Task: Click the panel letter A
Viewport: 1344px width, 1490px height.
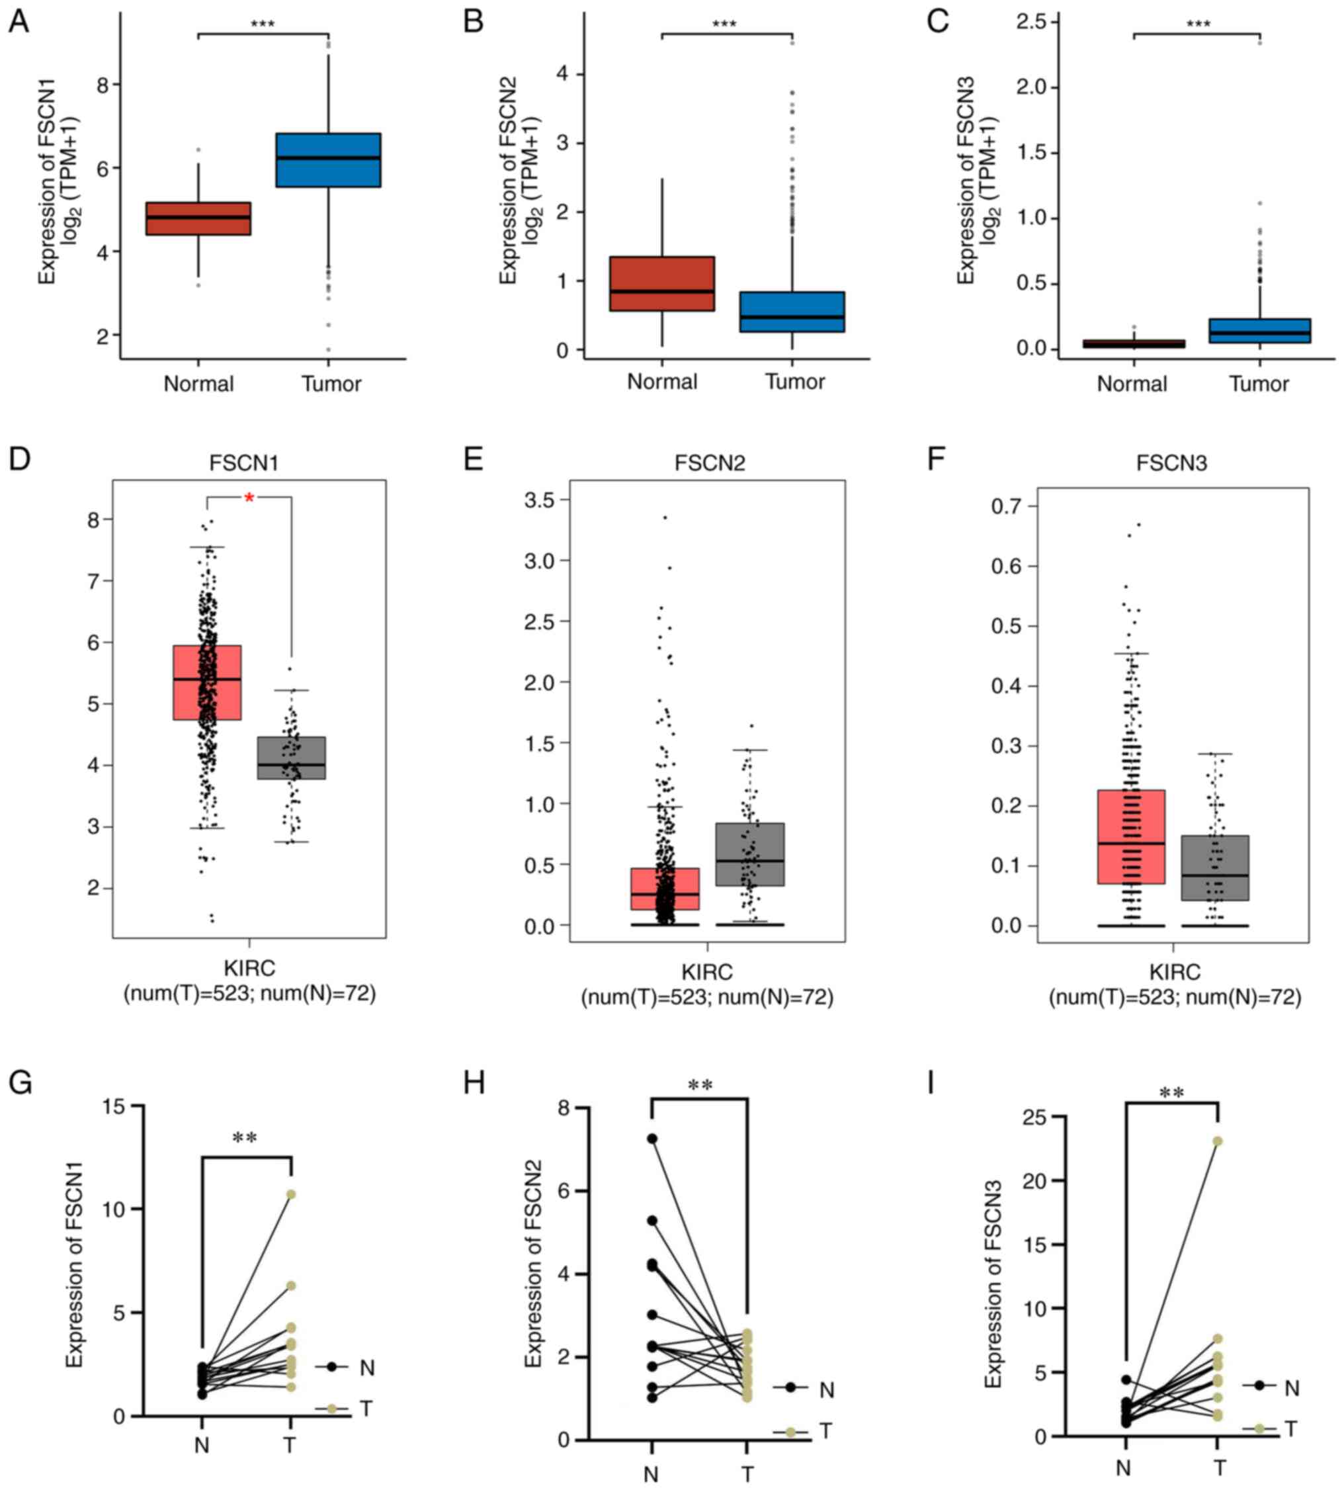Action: pyautogui.click(x=19, y=22)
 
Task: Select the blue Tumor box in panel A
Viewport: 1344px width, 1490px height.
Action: pyautogui.click(x=328, y=159)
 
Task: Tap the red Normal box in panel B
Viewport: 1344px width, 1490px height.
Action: pyautogui.click(x=661, y=284)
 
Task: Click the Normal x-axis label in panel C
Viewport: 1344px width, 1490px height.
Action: pyautogui.click(x=1131, y=384)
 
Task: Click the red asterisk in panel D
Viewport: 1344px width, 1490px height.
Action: pyautogui.click(x=249, y=499)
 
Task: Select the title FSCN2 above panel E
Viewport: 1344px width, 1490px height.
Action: pyautogui.click(x=709, y=463)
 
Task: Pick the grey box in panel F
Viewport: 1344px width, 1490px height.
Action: pyautogui.click(x=1215, y=867)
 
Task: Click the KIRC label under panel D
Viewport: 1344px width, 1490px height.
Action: pyautogui.click(x=249, y=968)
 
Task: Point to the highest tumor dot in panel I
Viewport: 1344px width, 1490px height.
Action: pyautogui.click(x=1218, y=1141)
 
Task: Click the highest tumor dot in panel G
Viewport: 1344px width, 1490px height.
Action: pyautogui.click(x=292, y=1194)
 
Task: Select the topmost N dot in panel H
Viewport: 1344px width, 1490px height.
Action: pyautogui.click(x=652, y=1139)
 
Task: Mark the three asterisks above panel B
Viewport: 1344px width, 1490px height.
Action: pyautogui.click(x=724, y=24)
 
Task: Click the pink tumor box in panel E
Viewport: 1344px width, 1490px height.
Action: pyautogui.click(x=665, y=889)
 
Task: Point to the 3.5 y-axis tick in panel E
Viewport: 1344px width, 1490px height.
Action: pyautogui.click(x=538, y=500)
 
